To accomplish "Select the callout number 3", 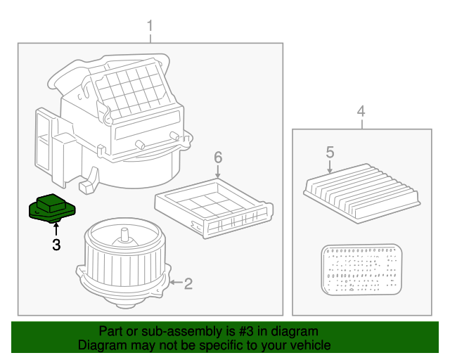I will point(56,245).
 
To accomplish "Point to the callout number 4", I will point(361,111).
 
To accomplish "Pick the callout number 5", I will point(329,151).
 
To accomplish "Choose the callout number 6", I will point(218,156).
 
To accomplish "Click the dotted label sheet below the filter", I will point(360,270).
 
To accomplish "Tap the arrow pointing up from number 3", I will point(56,229).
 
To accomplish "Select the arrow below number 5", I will point(329,166).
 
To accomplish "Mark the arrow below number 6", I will point(218,171).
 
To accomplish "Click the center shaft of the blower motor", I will point(124,236).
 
